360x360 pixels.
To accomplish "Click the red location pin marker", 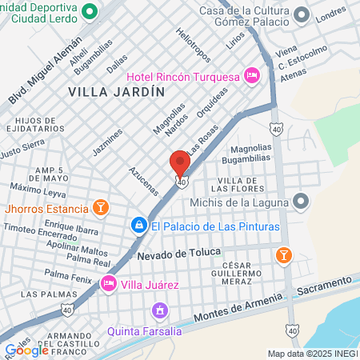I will (180, 162).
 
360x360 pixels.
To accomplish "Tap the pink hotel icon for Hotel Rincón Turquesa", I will (252, 76).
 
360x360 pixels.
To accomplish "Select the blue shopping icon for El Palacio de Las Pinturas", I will (139, 226).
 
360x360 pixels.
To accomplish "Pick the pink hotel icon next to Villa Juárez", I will (108, 283).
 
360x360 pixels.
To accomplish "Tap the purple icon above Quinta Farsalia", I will (160, 309).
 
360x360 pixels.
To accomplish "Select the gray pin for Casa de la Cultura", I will (302, 14).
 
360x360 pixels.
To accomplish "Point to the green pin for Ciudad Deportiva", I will (89, 12).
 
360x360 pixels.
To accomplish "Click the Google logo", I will (26, 350).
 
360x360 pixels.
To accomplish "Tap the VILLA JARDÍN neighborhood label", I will (116, 92).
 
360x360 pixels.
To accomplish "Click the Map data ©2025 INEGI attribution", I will (312, 354).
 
